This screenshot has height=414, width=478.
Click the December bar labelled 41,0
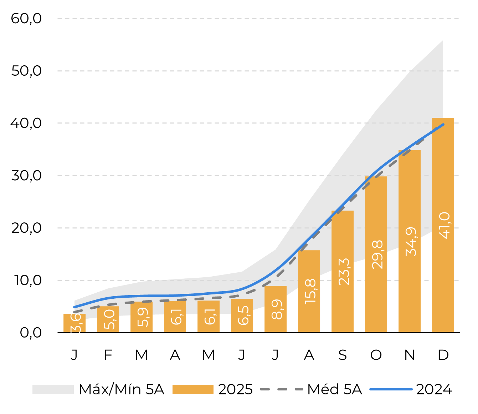coord(443,225)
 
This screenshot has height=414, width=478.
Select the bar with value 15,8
coord(309,291)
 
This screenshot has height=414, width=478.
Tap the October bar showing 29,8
coord(376,254)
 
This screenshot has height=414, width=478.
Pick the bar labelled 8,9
coord(275,309)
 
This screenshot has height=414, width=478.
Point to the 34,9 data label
coord(411,242)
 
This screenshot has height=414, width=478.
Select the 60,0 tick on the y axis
coord(26,18)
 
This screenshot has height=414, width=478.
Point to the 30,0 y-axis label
coord(26,175)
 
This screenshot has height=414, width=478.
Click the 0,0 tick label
coord(31,332)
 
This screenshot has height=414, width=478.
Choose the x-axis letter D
coord(443,355)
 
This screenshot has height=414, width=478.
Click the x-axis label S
coord(342,355)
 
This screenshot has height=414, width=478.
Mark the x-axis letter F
coord(108,355)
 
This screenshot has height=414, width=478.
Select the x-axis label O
coord(376,355)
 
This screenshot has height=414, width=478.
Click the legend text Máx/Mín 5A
coord(122,389)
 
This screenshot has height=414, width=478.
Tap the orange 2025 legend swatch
coord(193,389)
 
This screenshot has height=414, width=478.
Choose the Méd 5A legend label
coord(334,389)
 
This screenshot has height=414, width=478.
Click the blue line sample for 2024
coord(391,389)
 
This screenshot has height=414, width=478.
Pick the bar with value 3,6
coord(74,323)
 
